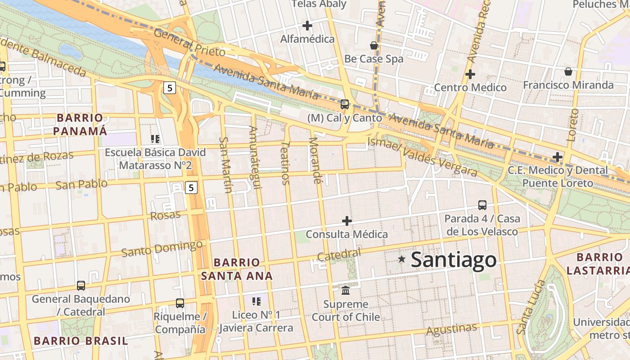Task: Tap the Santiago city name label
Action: click(x=454, y=260)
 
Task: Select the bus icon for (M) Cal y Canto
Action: click(x=345, y=104)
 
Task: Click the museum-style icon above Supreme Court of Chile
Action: click(x=346, y=290)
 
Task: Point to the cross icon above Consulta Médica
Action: click(x=347, y=221)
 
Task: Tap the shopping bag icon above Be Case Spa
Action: click(x=373, y=45)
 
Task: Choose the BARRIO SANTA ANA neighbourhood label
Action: click(x=237, y=269)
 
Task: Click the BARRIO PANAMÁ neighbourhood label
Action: click(x=80, y=125)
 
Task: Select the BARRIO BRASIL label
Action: click(x=81, y=341)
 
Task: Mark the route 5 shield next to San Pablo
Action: click(x=191, y=188)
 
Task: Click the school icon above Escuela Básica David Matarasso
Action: click(x=155, y=139)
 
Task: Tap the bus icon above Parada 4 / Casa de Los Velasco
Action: click(x=482, y=205)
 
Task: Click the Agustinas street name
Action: click(x=451, y=330)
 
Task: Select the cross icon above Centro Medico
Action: click(x=470, y=74)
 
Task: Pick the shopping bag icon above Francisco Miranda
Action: click(x=568, y=72)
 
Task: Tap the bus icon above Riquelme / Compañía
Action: click(x=180, y=303)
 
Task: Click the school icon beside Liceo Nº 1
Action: click(x=256, y=301)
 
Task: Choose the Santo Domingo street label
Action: click(x=162, y=248)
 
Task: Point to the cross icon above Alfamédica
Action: click(x=307, y=26)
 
